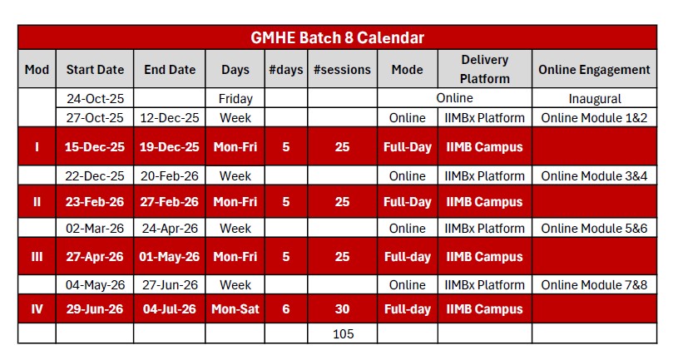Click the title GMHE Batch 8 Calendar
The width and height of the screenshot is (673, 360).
pos(337,37)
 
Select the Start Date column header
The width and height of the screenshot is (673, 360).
pos(95,70)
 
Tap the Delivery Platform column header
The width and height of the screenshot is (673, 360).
pos(485,70)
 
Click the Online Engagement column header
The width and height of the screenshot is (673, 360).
pos(594,70)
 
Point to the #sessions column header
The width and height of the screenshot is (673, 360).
pos(342,70)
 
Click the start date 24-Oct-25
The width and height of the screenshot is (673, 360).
pos(95,99)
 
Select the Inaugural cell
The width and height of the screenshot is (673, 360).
pos(594,99)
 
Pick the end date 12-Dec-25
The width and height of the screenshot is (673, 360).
pos(169,118)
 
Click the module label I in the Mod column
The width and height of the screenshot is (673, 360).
pos(37,147)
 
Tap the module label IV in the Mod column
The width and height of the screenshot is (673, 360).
pos(37,309)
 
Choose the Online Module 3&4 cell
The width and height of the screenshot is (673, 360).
pos(594,176)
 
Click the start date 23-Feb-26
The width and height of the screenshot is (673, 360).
pos(95,202)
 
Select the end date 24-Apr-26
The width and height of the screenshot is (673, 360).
pos(169,229)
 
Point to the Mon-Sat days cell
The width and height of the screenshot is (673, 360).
pos(235,309)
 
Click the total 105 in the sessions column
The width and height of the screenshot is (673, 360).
pos(342,334)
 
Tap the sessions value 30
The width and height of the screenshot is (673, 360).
pos(342,309)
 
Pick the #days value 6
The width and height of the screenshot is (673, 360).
pos(286,309)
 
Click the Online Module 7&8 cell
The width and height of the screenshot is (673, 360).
pos(594,285)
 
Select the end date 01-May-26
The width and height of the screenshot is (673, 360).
pos(169,257)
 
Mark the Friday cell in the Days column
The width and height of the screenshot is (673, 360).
pos(235,99)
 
